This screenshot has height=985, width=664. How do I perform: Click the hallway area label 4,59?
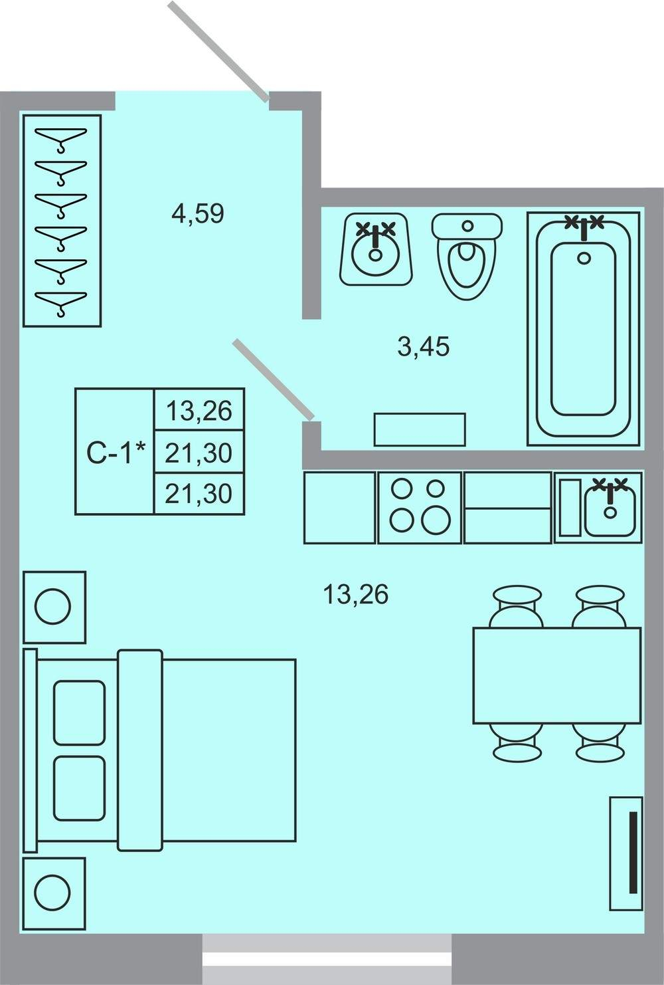(198, 214)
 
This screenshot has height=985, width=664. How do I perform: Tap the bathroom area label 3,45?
(423, 346)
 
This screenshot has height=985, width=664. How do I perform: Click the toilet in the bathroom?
(467, 256)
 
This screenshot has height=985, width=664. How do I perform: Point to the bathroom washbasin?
(376, 249)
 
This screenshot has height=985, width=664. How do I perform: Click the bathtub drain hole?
(584, 258)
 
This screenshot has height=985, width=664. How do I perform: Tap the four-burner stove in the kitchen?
(420, 508)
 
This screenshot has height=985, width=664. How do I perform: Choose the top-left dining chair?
(517, 606)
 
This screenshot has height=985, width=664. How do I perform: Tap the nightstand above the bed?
(54, 607)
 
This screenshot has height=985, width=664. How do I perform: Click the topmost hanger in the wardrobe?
(61, 139)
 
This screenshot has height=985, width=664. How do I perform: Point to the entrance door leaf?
(218, 51)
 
